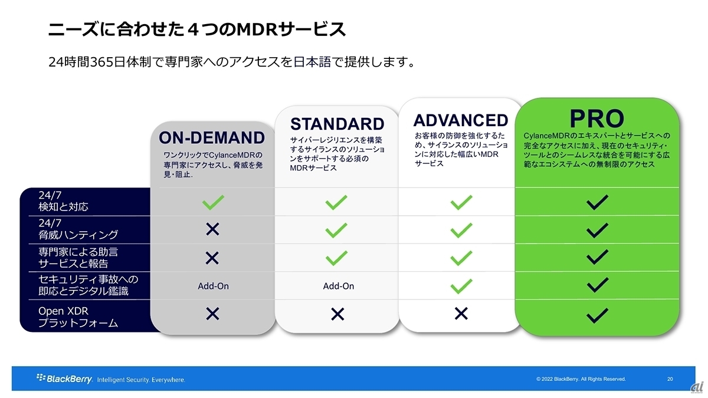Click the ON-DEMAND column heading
point(212,137)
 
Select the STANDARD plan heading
point(337,123)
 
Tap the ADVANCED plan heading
point(461,120)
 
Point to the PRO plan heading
point(596,119)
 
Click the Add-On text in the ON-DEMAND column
point(214,286)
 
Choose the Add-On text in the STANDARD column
point(339,286)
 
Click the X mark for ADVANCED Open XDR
point(461,314)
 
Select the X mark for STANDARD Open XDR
point(337,314)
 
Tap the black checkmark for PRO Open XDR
point(597,315)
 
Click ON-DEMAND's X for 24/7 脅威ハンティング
point(212,229)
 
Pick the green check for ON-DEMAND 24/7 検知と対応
point(213,202)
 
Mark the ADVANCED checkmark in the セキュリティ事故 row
point(461,286)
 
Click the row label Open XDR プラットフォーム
point(78,317)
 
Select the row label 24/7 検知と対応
point(63,201)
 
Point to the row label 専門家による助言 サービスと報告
point(78,258)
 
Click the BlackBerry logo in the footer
point(64,378)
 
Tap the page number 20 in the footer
point(670,379)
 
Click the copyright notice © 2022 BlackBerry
point(581,379)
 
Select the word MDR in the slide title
point(257,29)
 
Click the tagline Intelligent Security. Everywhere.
point(141,380)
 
